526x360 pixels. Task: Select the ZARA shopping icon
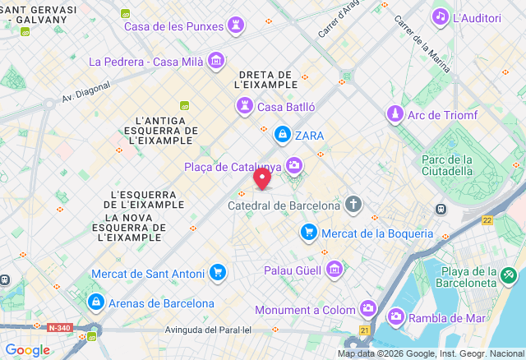point(282,135)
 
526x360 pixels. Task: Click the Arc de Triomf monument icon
point(396,114)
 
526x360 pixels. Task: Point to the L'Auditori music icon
point(441,16)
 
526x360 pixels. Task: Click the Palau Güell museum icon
point(334,270)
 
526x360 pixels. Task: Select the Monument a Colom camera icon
point(368,310)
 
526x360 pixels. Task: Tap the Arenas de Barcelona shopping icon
point(96,302)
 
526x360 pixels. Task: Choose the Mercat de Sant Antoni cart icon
point(218,272)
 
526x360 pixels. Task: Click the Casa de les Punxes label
point(173,26)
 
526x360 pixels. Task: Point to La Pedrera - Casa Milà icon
point(216,60)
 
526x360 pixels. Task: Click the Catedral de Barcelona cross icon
point(353,205)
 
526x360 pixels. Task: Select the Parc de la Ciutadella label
point(447,165)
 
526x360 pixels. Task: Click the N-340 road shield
point(59,327)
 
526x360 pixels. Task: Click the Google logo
point(27,350)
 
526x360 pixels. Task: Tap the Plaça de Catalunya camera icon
point(294,167)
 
